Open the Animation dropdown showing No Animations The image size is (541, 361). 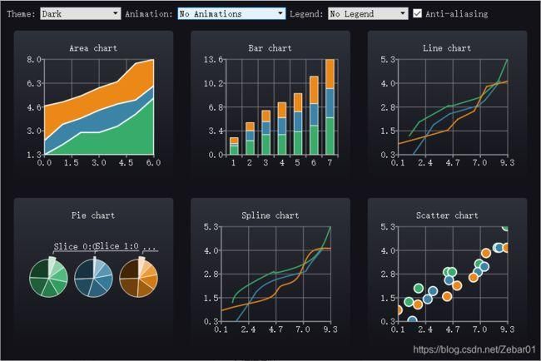pos(231,13)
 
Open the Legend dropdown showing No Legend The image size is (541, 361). pos(368,13)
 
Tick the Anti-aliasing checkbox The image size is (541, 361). pos(418,13)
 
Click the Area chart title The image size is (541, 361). pos(92,48)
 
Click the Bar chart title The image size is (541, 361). pos(270,48)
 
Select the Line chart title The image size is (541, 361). pos(447,48)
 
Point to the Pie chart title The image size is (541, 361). pos(92,215)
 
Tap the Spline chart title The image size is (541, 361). pos(270,215)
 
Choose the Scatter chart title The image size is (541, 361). pos(447,215)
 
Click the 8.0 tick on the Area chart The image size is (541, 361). pos(34,60)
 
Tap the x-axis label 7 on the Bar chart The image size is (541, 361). pos(330,164)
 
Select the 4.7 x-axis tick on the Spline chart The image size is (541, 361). pos(275,330)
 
